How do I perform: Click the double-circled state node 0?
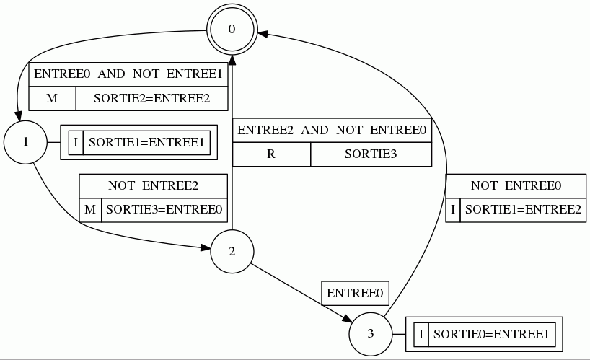(232, 30)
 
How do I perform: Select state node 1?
(25, 141)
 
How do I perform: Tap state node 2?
(232, 252)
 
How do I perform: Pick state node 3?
(371, 334)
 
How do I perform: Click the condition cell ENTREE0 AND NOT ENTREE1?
(128, 75)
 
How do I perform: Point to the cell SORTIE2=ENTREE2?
(151, 98)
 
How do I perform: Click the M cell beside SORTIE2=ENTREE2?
(52, 98)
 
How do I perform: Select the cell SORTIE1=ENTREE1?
(146, 141)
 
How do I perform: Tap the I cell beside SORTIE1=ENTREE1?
(76, 141)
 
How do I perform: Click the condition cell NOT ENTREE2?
(153, 186)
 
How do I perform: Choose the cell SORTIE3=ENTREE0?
(164, 210)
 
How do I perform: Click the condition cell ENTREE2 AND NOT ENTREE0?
(332, 131)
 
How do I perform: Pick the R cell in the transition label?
(271, 154)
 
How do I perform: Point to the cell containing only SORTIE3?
(371, 154)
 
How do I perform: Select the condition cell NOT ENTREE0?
(516, 186)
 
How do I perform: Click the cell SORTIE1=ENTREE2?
(521, 210)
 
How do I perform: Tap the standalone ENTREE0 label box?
(355, 293)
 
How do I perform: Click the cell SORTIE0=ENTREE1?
(491, 334)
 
